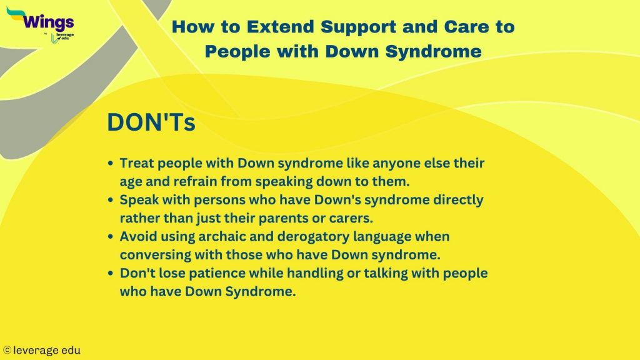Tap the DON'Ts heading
click(151, 122)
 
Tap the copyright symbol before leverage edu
click(7, 351)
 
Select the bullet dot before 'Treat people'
click(111, 163)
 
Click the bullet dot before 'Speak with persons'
click(111, 200)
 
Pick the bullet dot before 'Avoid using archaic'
click(111, 237)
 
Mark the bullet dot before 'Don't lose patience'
click(111, 274)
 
